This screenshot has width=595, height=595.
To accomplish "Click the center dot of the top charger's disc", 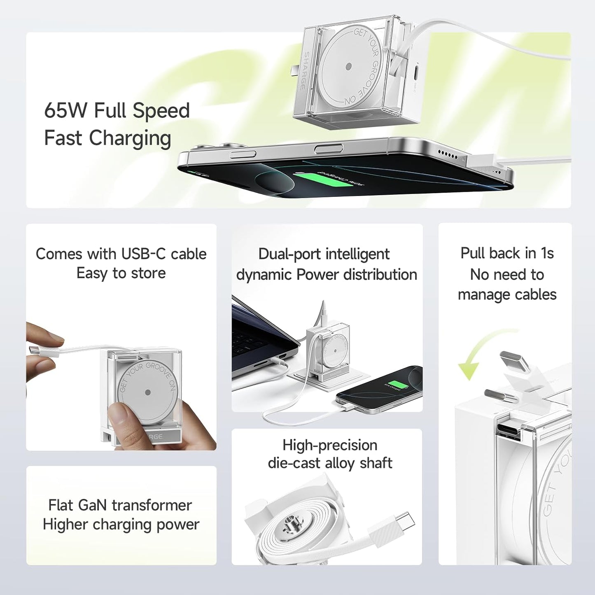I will click(348, 66).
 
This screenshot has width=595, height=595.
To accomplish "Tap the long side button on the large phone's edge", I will click(328, 149).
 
